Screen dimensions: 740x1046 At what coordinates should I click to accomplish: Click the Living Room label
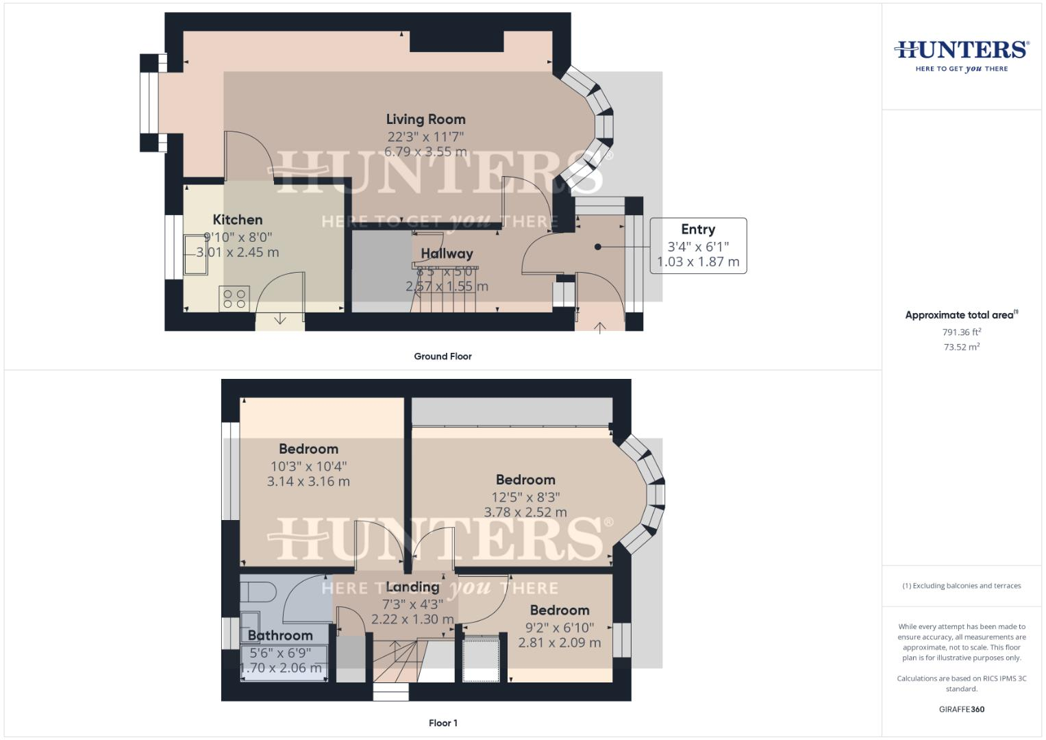[x=425, y=120]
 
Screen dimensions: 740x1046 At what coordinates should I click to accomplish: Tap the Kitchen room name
[x=238, y=220]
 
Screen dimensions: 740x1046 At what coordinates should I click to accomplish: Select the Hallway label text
[x=447, y=254]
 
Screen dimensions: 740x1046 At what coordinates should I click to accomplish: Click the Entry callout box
[x=697, y=245]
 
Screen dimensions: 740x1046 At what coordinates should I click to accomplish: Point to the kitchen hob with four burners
[x=234, y=299]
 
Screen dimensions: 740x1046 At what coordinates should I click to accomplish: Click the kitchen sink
[x=195, y=255]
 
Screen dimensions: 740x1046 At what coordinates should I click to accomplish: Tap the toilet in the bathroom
[x=258, y=591]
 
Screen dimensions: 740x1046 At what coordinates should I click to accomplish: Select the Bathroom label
[x=280, y=636]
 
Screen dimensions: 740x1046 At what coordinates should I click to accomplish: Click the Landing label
[x=412, y=587]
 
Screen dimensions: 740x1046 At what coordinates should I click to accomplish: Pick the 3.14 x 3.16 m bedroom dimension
[x=308, y=482]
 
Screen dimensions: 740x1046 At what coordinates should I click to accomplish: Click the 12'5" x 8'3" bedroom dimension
[x=525, y=497]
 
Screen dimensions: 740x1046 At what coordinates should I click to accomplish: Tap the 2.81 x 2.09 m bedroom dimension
[x=559, y=643]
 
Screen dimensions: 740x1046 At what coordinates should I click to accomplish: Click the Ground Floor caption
[x=443, y=356]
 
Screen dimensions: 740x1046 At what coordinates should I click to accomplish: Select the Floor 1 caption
[x=443, y=723]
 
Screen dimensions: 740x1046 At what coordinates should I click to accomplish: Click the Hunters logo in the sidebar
[x=962, y=55]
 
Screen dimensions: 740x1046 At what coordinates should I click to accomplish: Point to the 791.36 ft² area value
[x=962, y=332]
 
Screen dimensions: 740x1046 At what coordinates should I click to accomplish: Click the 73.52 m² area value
[x=962, y=347]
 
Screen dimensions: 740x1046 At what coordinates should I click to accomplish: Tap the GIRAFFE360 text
[x=962, y=709]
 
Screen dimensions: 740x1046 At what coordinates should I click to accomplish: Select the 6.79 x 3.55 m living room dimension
[x=425, y=152]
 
